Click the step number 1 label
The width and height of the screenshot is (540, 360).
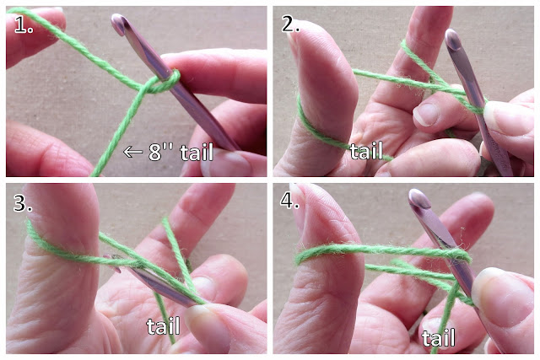(24, 24)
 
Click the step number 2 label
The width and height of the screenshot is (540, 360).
(290, 24)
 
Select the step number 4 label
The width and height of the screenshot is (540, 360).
(289, 200)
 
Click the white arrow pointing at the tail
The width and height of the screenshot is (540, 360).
(133, 152)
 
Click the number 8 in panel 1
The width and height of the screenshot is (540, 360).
(155, 152)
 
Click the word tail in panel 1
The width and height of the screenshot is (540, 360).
(197, 152)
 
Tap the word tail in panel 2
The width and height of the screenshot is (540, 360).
(366, 151)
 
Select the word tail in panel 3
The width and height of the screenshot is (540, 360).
(163, 325)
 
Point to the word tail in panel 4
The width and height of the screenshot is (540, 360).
(439, 337)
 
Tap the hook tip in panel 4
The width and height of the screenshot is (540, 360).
(419, 198)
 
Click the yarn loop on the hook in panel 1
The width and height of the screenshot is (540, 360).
(162, 83)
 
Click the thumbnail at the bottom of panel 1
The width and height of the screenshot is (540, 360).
(227, 164)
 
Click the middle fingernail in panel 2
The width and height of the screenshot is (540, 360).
(425, 114)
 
